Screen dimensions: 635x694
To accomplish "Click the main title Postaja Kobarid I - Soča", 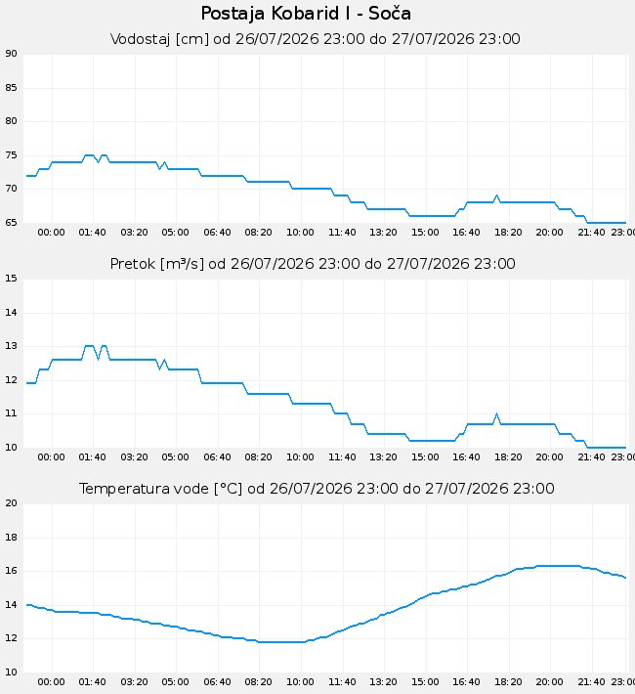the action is tap(306, 14).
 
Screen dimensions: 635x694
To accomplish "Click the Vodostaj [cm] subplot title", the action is tap(316, 39).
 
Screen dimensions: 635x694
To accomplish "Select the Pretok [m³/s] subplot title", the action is tap(313, 264).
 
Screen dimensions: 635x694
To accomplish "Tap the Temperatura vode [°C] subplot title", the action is tap(317, 489).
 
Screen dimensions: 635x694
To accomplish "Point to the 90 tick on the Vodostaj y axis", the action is tap(11, 54).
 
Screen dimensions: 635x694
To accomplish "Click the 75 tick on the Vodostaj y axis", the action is tap(11, 155).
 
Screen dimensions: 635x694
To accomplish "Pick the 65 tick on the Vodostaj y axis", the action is tap(11, 223).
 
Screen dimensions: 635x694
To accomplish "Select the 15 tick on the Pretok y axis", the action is tap(11, 279).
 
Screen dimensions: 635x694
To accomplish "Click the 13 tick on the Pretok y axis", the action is tap(11, 346).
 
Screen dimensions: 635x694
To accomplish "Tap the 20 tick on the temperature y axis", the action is tap(11, 503).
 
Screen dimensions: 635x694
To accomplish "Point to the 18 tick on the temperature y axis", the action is tap(11, 538).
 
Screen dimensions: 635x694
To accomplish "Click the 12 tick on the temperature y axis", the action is tap(11, 638).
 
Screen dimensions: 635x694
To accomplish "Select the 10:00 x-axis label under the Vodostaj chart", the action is tap(300, 233).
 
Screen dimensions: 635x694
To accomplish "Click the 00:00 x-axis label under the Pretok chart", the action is tap(52, 457).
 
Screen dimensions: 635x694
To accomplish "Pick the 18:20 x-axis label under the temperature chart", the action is tap(508, 682).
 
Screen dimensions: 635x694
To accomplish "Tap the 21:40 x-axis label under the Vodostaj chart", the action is tap(591, 233).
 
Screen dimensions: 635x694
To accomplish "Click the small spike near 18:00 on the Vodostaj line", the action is tap(496, 195).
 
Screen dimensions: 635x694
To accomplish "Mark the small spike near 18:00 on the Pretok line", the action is tap(496, 414).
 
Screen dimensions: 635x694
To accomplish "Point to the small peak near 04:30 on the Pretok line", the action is tap(164, 361).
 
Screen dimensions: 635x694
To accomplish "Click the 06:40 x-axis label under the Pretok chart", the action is tap(217, 457).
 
